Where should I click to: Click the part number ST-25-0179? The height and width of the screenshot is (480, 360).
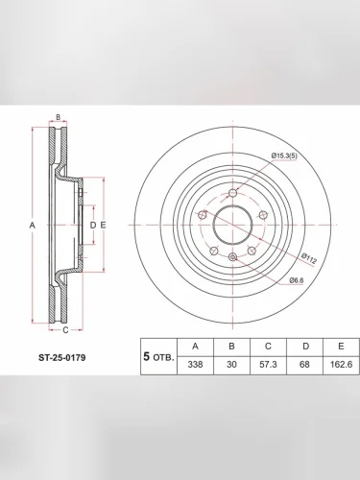(62, 357)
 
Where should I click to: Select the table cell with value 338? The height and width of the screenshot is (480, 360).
(195, 365)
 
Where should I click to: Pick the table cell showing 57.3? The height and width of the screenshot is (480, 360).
(268, 365)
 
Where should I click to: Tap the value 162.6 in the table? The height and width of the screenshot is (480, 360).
(341, 365)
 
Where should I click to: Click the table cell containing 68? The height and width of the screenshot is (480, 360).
(304, 365)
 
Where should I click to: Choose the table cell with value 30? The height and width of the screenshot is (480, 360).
(231, 365)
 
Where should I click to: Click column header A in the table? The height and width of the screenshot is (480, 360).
(195, 347)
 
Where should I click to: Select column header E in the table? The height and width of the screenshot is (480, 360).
(341, 347)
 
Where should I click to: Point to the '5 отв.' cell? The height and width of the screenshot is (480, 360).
(158, 356)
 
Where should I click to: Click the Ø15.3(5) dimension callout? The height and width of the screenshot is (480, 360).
(284, 156)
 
